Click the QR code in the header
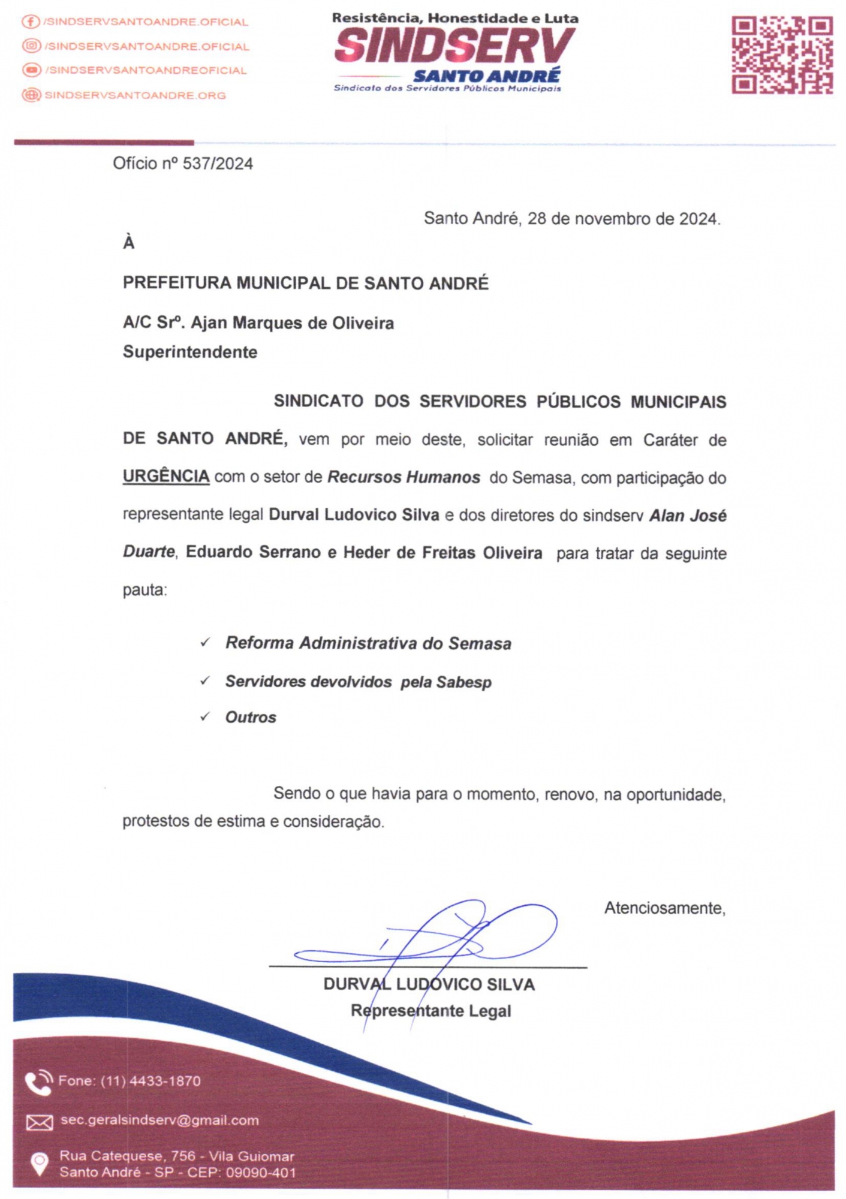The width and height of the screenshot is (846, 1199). point(782,55)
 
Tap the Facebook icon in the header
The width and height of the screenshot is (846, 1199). point(30,22)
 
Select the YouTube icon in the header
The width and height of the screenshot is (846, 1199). point(31,70)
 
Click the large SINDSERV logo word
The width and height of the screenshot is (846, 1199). point(454,47)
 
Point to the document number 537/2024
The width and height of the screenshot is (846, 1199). point(218,164)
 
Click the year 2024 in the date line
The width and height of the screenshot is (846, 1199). point(698,219)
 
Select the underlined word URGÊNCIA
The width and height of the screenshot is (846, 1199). point(166,477)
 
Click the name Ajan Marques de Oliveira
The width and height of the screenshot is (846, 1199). point(292,323)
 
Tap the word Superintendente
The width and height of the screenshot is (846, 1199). point(190,352)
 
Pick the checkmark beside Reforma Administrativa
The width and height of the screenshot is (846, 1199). point(205,643)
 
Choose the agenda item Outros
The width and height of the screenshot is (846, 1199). point(251,718)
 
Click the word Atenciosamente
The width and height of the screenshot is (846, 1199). point(664,908)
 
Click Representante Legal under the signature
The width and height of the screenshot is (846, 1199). point(430,1011)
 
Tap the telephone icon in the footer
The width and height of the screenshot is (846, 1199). point(38,1083)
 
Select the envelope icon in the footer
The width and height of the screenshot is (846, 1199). point(39,1122)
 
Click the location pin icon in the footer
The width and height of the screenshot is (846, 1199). point(39,1164)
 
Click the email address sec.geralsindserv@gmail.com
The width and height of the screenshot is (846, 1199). point(159,1120)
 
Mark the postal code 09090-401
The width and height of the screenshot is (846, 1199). point(261,1173)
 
